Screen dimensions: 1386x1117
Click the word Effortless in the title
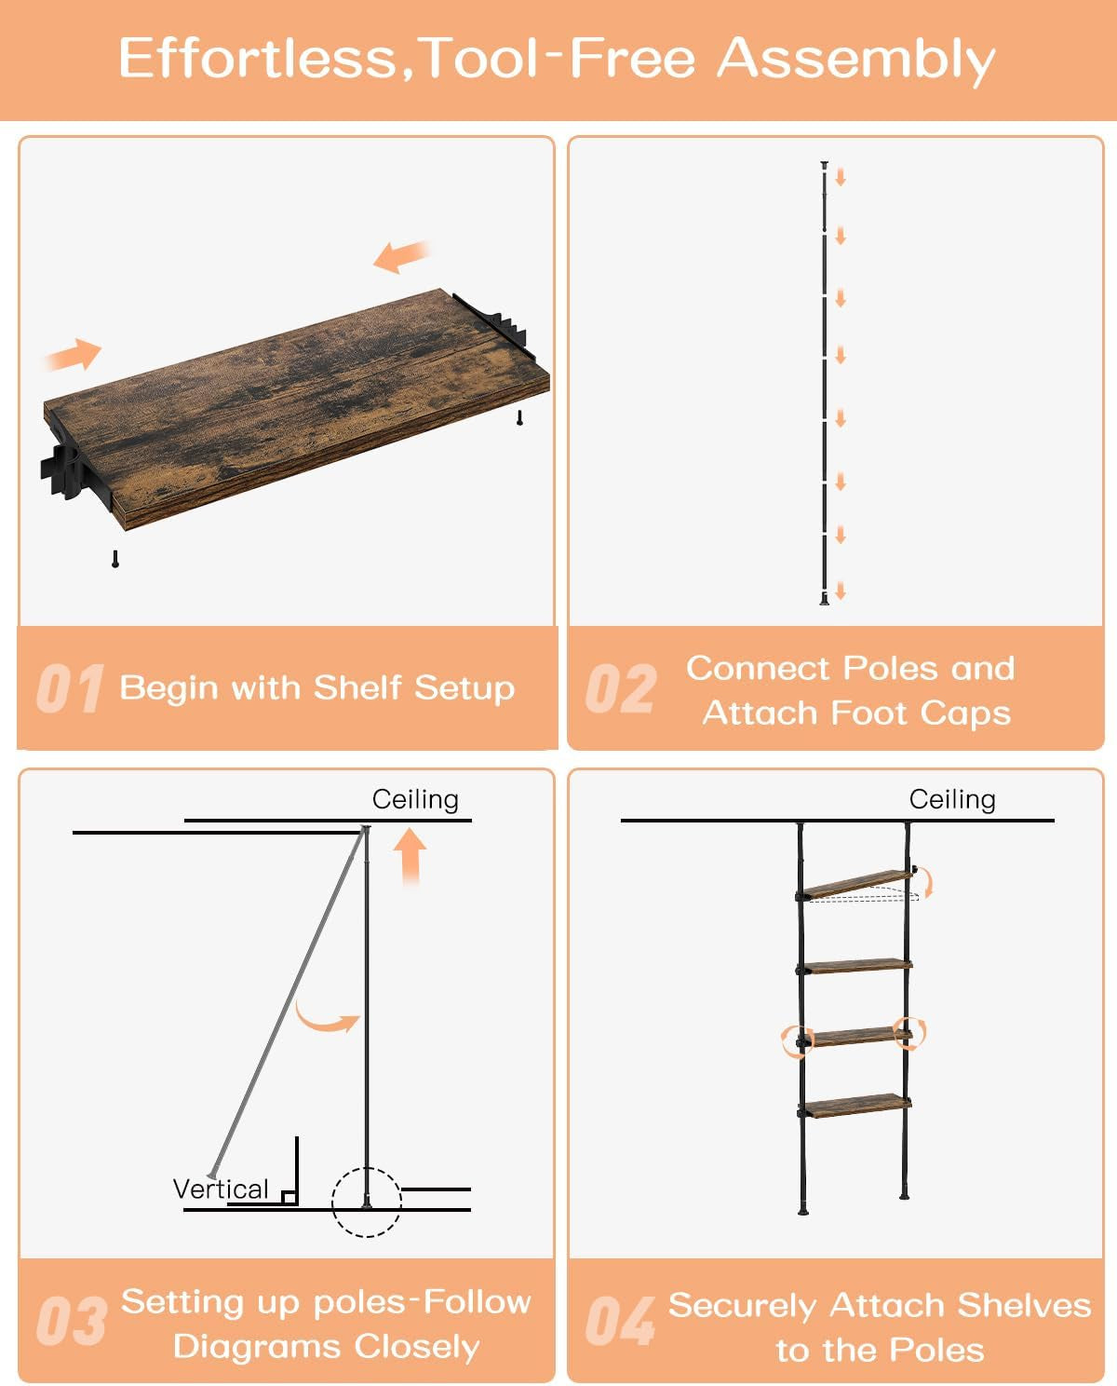pyautogui.click(x=258, y=58)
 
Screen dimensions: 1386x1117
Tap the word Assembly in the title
pyautogui.click(x=855, y=60)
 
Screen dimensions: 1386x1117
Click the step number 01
pyautogui.click(x=69, y=689)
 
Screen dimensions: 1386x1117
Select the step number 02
pyautogui.click(x=620, y=689)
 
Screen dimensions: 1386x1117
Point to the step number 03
pyautogui.click(x=71, y=1322)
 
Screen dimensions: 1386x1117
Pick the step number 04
pyautogui.click(x=620, y=1322)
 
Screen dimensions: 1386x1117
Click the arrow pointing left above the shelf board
pyautogui.click(x=401, y=255)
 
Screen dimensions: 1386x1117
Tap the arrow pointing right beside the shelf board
pyautogui.click(x=74, y=355)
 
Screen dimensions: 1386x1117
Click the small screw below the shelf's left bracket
pyautogui.click(x=115, y=559)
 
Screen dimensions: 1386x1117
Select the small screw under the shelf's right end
pyautogui.click(x=520, y=417)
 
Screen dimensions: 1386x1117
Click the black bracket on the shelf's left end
pyautogui.click(x=65, y=471)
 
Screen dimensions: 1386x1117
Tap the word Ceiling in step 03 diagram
pyautogui.click(x=415, y=799)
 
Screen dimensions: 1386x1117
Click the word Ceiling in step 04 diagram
pyautogui.click(x=952, y=799)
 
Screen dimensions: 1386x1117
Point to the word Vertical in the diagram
pyautogui.click(x=221, y=1189)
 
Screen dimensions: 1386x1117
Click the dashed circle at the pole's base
pyautogui.click(x=367, y=1202)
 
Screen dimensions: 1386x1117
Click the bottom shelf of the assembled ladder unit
pyautogui.click(x=855, y=1106)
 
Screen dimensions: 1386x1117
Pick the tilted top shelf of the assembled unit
pyautogui.click(x=859, y=882)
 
